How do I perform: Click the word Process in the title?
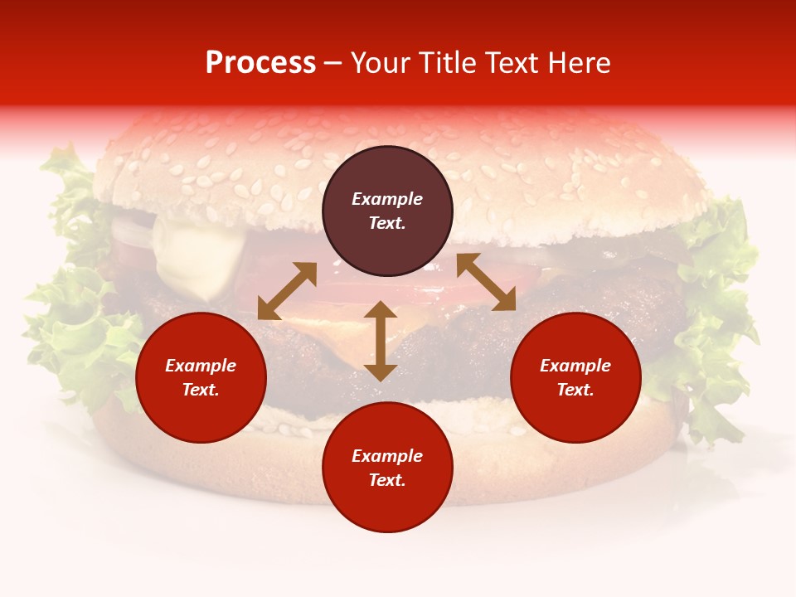coord(260,63)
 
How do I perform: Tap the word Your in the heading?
coord(382,63)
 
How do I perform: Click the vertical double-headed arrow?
coord(381,341)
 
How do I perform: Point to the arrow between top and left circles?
coord(287,290)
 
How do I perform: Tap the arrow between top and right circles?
coord(486,282)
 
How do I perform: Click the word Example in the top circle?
coord(387,199)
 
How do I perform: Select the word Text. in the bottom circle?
coord(387,480)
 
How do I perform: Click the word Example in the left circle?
coord(201,366)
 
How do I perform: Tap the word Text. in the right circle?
coord(575,390)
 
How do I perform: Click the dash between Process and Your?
coord(333,64)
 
